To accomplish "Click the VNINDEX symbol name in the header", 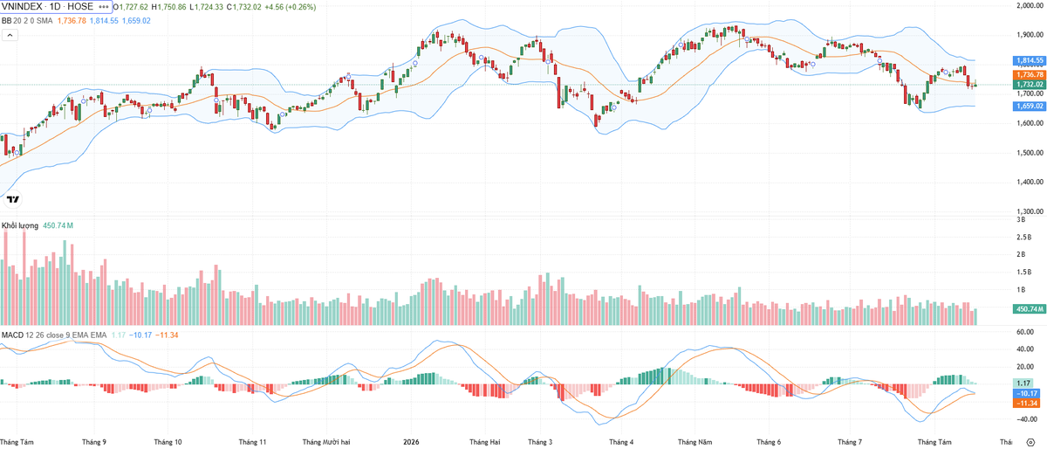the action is click(x=22, y=7).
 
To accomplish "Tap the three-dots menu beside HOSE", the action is click(x=104, y=7).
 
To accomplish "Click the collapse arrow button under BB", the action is click(x=10, y=35).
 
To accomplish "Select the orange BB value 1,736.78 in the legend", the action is click(x=72, y=21).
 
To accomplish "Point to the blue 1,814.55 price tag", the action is click(x=1029, y=60).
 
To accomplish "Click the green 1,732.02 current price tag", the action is click(x=1029, y=84).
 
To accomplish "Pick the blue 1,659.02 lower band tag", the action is click(x=1029, y=107).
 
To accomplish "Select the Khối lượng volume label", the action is click(x=19, y=225).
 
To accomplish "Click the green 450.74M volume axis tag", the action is click(x=1029, y=309).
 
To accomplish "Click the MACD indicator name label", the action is click(x=12, y=335).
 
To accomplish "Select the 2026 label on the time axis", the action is click(x=411, y=442).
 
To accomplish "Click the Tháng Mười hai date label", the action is click(x=326, y=442).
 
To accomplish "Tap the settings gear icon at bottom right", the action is click(x=1030, y=442).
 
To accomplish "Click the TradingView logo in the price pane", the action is click(x=12, y=199).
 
